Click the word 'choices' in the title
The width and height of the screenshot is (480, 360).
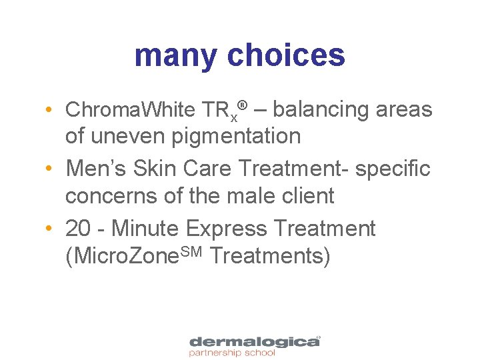pyautogui.click(x=286, y=56)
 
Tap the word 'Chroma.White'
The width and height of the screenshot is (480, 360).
pyautogui.click(x=127, y=110)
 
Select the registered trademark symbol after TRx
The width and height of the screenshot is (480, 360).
pyautogui.click(x=244, y=105)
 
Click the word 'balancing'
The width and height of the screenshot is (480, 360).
pyautogui.click(x=319, y=110)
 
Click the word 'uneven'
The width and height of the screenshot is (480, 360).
pyautogui.click(x=127, y=137)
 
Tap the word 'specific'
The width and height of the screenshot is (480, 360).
pyautogui.click(x=393, y=169)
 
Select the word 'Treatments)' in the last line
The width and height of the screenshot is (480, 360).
pyautogui.click(x=269, y=256)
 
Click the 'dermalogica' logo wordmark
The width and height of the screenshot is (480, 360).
pyautogui.click(x=253, y=341)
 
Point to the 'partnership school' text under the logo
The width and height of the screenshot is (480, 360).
pyautogui.click(x=232, y=353)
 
